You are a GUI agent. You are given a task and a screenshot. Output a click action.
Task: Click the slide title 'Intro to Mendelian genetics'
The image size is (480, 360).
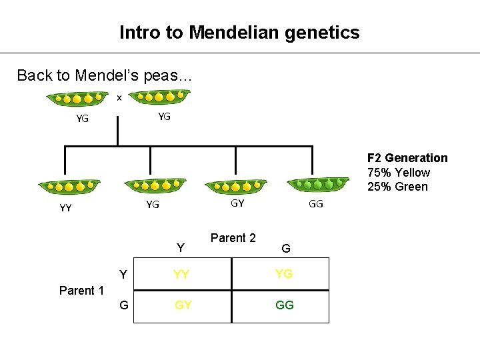(239, 32)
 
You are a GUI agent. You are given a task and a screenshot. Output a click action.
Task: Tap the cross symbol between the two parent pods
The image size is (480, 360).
(119, 98)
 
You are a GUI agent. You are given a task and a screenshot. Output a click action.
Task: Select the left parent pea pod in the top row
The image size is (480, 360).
(77, 99)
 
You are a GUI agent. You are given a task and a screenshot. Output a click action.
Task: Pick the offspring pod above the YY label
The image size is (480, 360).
(69, 187)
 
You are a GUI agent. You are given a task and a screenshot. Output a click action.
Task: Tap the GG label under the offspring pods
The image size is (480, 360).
(315, 204)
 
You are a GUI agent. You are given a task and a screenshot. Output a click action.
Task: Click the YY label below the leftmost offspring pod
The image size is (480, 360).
(65, 207)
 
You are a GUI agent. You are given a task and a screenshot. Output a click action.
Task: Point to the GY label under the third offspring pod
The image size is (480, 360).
(237, 203)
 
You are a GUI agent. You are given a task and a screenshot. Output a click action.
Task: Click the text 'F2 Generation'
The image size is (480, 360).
(407, 158)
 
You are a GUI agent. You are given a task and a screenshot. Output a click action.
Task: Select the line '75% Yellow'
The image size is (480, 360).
(399, 172)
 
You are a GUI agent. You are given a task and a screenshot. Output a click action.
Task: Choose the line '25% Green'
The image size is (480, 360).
(397, 187)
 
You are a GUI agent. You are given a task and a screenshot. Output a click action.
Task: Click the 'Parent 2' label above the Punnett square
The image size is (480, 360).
(233, 238)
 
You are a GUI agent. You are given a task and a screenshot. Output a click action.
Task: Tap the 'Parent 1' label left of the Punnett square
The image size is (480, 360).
(81, 290)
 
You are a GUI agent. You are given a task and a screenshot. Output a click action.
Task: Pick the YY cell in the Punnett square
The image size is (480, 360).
(181, 274)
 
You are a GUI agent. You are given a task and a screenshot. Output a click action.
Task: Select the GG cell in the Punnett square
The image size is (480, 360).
(284, 305)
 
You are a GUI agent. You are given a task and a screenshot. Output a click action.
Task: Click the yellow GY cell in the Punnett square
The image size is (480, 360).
(183, 305)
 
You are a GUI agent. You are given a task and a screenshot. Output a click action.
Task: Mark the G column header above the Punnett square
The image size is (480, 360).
(285, 249)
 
